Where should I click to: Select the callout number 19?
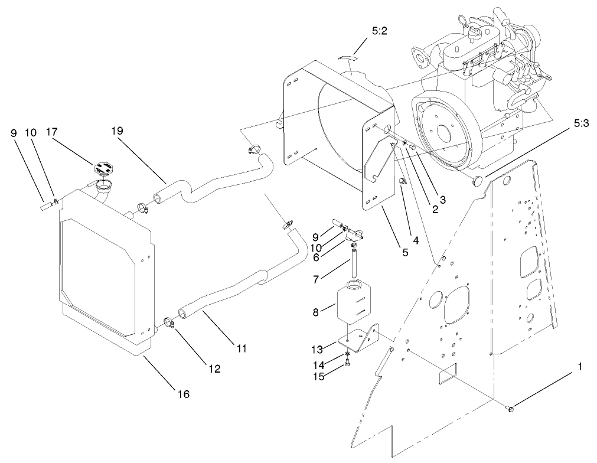[117, 131]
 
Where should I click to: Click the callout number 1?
[580, 367]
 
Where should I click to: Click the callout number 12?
[213, 369]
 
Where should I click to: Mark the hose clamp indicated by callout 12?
[169, 322]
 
